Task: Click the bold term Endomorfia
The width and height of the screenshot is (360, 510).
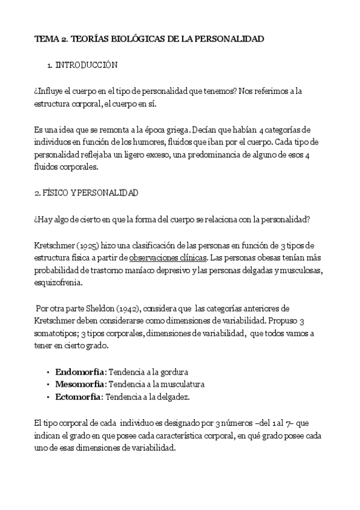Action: click(x=79, y=372)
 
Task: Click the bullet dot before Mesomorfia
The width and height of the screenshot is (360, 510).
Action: click(x=47, y=384)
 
